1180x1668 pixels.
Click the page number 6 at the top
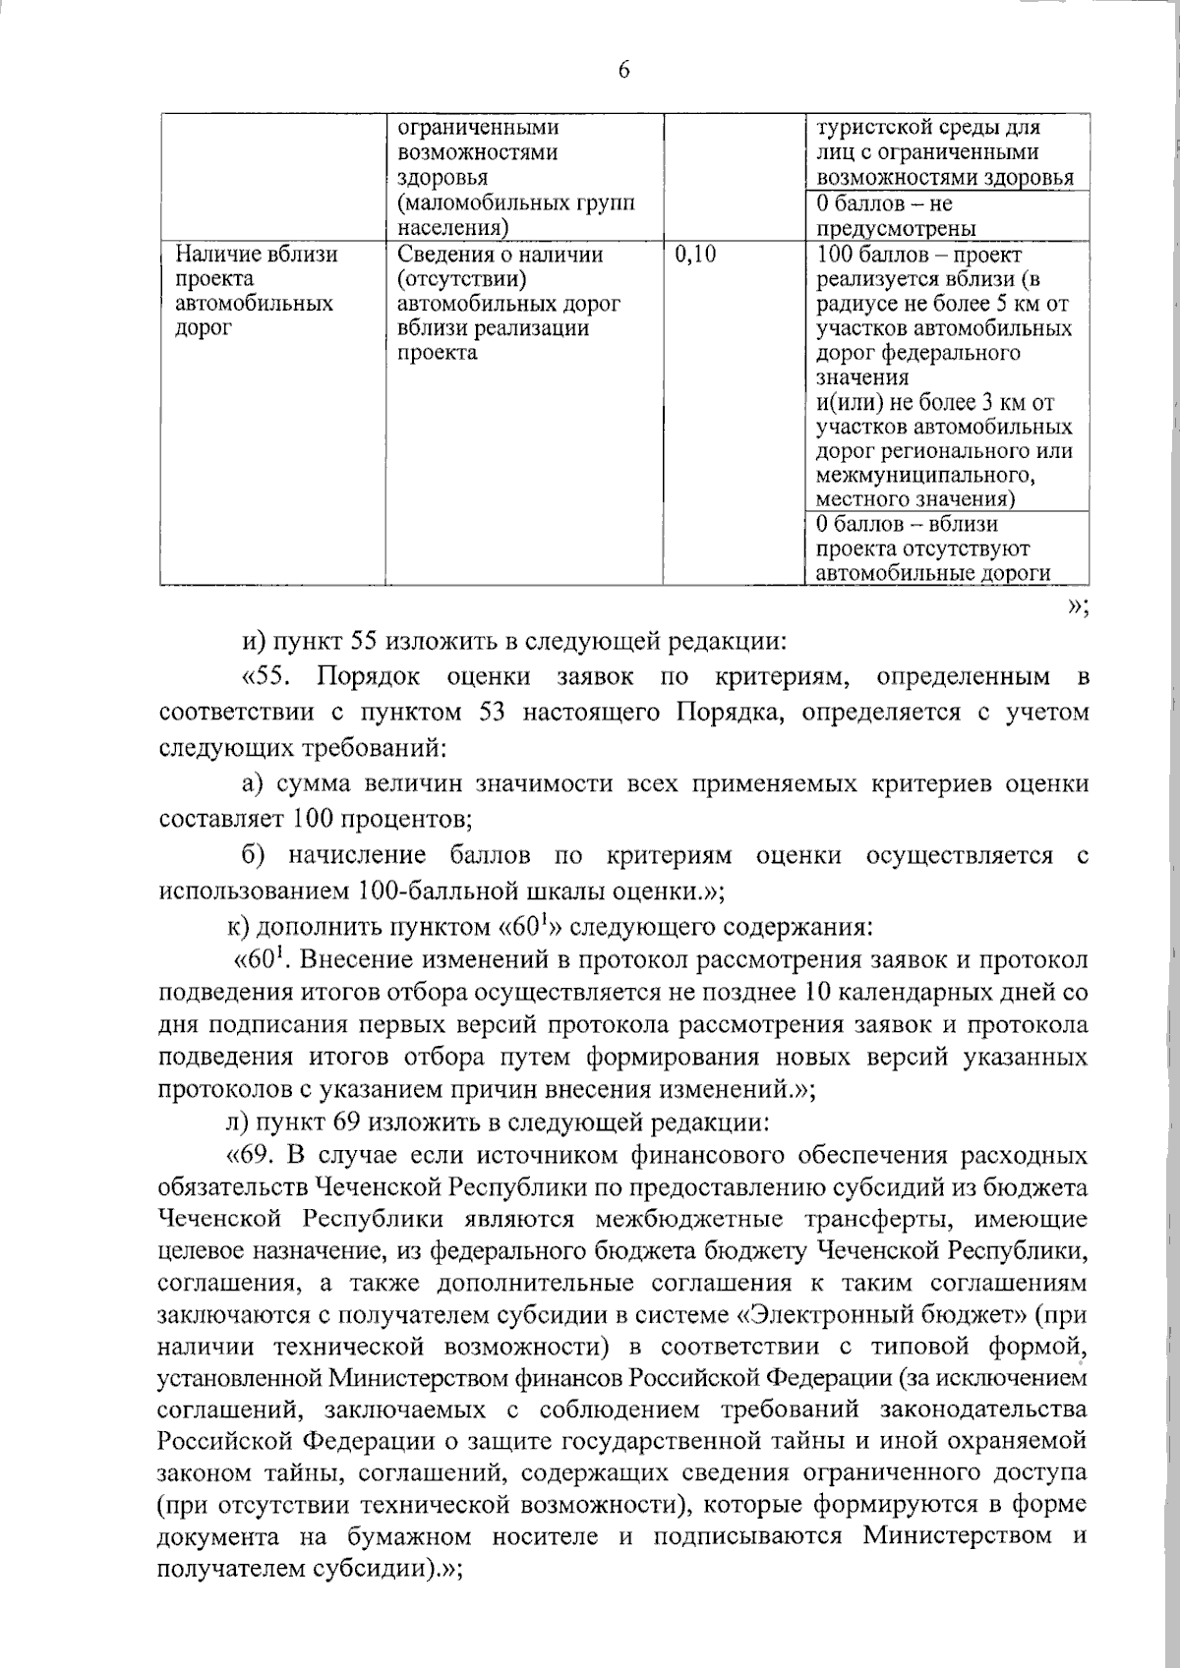[x=624, y=70]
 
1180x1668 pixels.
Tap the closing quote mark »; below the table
[x=1078, y=608]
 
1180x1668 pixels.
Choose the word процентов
[x=388, y=819]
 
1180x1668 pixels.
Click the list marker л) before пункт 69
[x=237, y=1122]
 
